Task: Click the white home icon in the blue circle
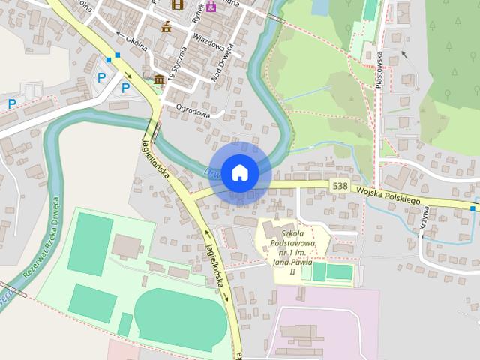click(x=239, y=172)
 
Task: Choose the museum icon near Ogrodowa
click(x=159, y=80)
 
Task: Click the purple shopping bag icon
click(x=211, y=7)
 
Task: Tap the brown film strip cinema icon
click(x=178, y=4)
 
